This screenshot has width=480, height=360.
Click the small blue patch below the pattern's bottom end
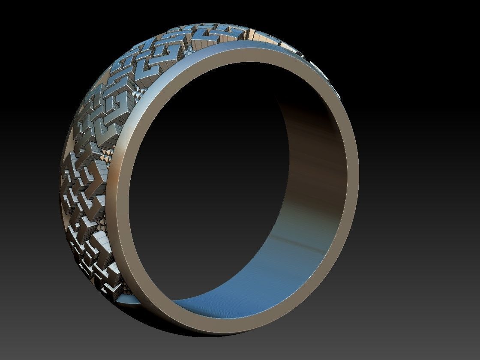pos(129,300)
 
